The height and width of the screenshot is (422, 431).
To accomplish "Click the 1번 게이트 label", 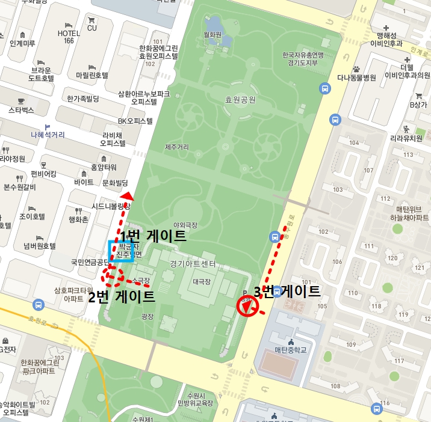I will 153,236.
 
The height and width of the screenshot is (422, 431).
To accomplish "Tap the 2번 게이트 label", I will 122,296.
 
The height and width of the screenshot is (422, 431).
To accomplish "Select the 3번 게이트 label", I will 286,292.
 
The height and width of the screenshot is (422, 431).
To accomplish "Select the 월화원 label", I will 213,35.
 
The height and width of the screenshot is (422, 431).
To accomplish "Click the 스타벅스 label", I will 21,111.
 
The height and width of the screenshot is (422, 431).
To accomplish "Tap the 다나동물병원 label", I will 356,78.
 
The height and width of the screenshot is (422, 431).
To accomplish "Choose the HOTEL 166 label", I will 69,37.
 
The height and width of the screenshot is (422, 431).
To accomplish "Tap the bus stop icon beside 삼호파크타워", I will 39,305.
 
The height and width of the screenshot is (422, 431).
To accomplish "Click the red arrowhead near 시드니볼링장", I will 126,197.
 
